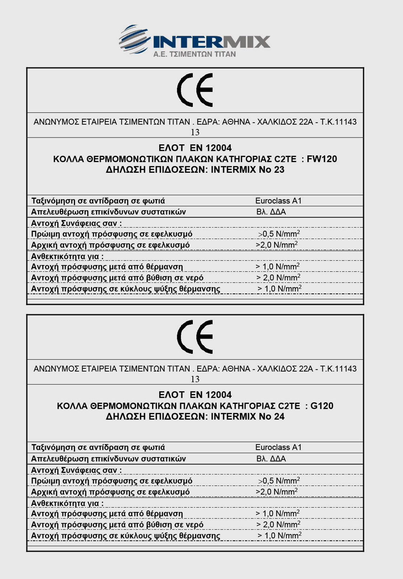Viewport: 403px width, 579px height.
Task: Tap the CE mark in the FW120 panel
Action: click(195, 90)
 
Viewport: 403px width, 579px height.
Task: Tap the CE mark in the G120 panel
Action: click(195, 337)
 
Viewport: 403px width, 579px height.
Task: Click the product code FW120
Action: click(322, 159)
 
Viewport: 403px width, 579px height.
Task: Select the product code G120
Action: click(322, 406)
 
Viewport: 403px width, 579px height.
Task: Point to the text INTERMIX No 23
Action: click(247, 169)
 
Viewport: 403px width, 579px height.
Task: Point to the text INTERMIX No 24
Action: click(247, 416)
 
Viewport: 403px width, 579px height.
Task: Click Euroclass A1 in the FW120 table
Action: click(278, 201)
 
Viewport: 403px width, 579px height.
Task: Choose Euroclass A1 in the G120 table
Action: click(278, 447)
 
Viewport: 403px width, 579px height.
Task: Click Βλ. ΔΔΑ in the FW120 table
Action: click(271, 212)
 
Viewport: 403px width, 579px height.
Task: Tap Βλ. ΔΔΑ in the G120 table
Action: click(271, 459)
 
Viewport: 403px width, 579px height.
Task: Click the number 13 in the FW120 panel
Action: click(195, 132)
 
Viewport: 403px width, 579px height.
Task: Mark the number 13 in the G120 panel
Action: click(195, 379)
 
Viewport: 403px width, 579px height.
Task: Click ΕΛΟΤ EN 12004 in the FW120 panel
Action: click(195, 148)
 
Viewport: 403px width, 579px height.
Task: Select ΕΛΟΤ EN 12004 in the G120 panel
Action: click(195, 394)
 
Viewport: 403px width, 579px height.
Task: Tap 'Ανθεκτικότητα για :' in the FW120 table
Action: click(67, 256)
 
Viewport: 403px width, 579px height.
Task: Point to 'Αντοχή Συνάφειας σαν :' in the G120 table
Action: click(76, 470)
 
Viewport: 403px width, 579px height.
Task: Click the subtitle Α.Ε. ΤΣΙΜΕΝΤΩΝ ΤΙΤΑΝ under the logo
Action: click(195, 54)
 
